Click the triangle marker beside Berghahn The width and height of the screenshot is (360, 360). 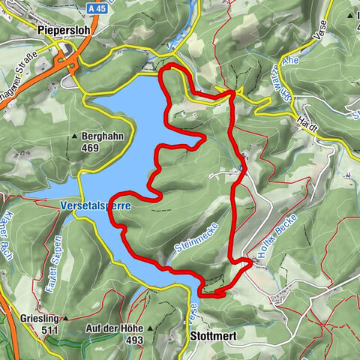(x=75, y=137)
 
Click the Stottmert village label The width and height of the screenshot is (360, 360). (x=213, y=337)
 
